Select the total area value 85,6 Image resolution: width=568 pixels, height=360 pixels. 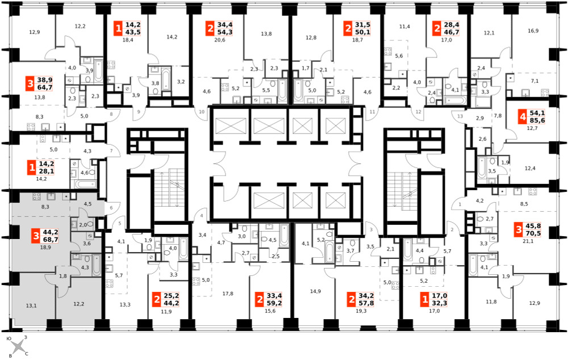pyautogui.click(x=537, y=120)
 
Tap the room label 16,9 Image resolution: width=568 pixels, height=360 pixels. pyautogui.click(x=533, y=31)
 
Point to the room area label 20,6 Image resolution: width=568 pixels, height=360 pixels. pyautogui.click(x=219, y=40)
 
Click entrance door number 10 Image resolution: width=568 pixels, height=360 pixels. pyautogui.click(x=202, y=111)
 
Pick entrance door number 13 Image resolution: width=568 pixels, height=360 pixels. pyautogui.click(x=460, y=116)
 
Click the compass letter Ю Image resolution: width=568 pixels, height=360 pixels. pyautogui.click(x=10, y=338)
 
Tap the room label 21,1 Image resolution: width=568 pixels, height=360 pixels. pyautogui.click(x=528, y=241)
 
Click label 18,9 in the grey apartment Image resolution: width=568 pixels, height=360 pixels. pyautogui.click(x=45, y=248)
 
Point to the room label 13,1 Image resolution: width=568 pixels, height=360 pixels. pyautogui.click(x=31, y=305)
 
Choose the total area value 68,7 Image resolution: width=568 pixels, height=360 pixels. pyautogui.click(x=51, y=240)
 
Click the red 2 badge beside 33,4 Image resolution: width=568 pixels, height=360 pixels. pyautogui.click(x=260, y=299)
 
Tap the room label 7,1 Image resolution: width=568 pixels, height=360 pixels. pyautogui.click(x=534, y=81)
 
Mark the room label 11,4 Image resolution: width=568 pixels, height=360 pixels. pyautogui.click(x=404, y=27)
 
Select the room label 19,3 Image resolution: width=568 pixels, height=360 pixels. pyautogui.click(x=361, y=311)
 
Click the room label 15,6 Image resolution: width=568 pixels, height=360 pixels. pyautogui.click(x=270, y=311)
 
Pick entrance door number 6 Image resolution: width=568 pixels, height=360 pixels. pyautogui.click(x=111, y=207)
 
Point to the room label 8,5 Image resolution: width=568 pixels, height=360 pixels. pyautogui.click(x=524, y=204)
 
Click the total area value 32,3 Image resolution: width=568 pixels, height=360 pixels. pyautogui.click(x=440, y=303)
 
